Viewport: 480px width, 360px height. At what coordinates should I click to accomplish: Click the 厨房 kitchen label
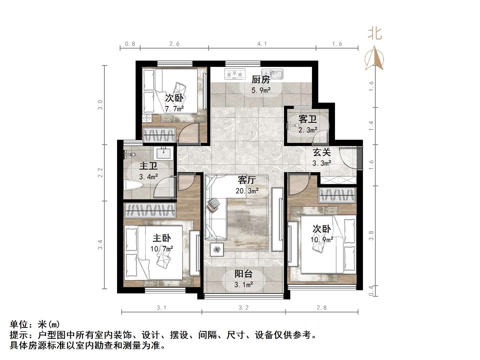coord(261,79)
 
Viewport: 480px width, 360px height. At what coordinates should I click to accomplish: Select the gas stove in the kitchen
coord(235,74)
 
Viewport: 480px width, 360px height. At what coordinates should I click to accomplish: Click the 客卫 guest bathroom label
coord(308,119)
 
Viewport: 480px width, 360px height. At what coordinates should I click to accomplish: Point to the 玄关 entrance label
coord(322,152)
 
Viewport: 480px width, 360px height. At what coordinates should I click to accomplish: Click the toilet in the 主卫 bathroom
coord(134,185)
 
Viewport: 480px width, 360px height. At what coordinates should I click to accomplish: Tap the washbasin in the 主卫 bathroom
coord(164,153)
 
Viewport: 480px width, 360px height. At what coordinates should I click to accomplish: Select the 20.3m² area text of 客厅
coord(247,191)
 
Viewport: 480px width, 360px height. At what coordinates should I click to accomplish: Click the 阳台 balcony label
coord(243,274)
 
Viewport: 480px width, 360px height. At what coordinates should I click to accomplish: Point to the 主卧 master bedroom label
coord(162,238)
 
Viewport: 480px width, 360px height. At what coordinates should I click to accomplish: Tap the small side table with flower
coord(217,249)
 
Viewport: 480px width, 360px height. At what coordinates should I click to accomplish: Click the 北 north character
coord(375,34)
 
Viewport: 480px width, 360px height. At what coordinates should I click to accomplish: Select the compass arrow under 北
coord(375,59)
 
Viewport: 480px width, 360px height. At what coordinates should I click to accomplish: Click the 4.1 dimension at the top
coord(262,44)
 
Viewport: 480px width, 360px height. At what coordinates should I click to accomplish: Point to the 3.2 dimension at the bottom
coord(243,308)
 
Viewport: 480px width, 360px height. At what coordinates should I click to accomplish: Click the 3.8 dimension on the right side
coord(371,236)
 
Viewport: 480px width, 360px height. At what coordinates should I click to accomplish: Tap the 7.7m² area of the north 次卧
coord(174,109)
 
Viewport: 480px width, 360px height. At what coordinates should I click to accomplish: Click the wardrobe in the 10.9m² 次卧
coord(337,195)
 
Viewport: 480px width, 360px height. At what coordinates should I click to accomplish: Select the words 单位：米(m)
coord(35,324)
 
